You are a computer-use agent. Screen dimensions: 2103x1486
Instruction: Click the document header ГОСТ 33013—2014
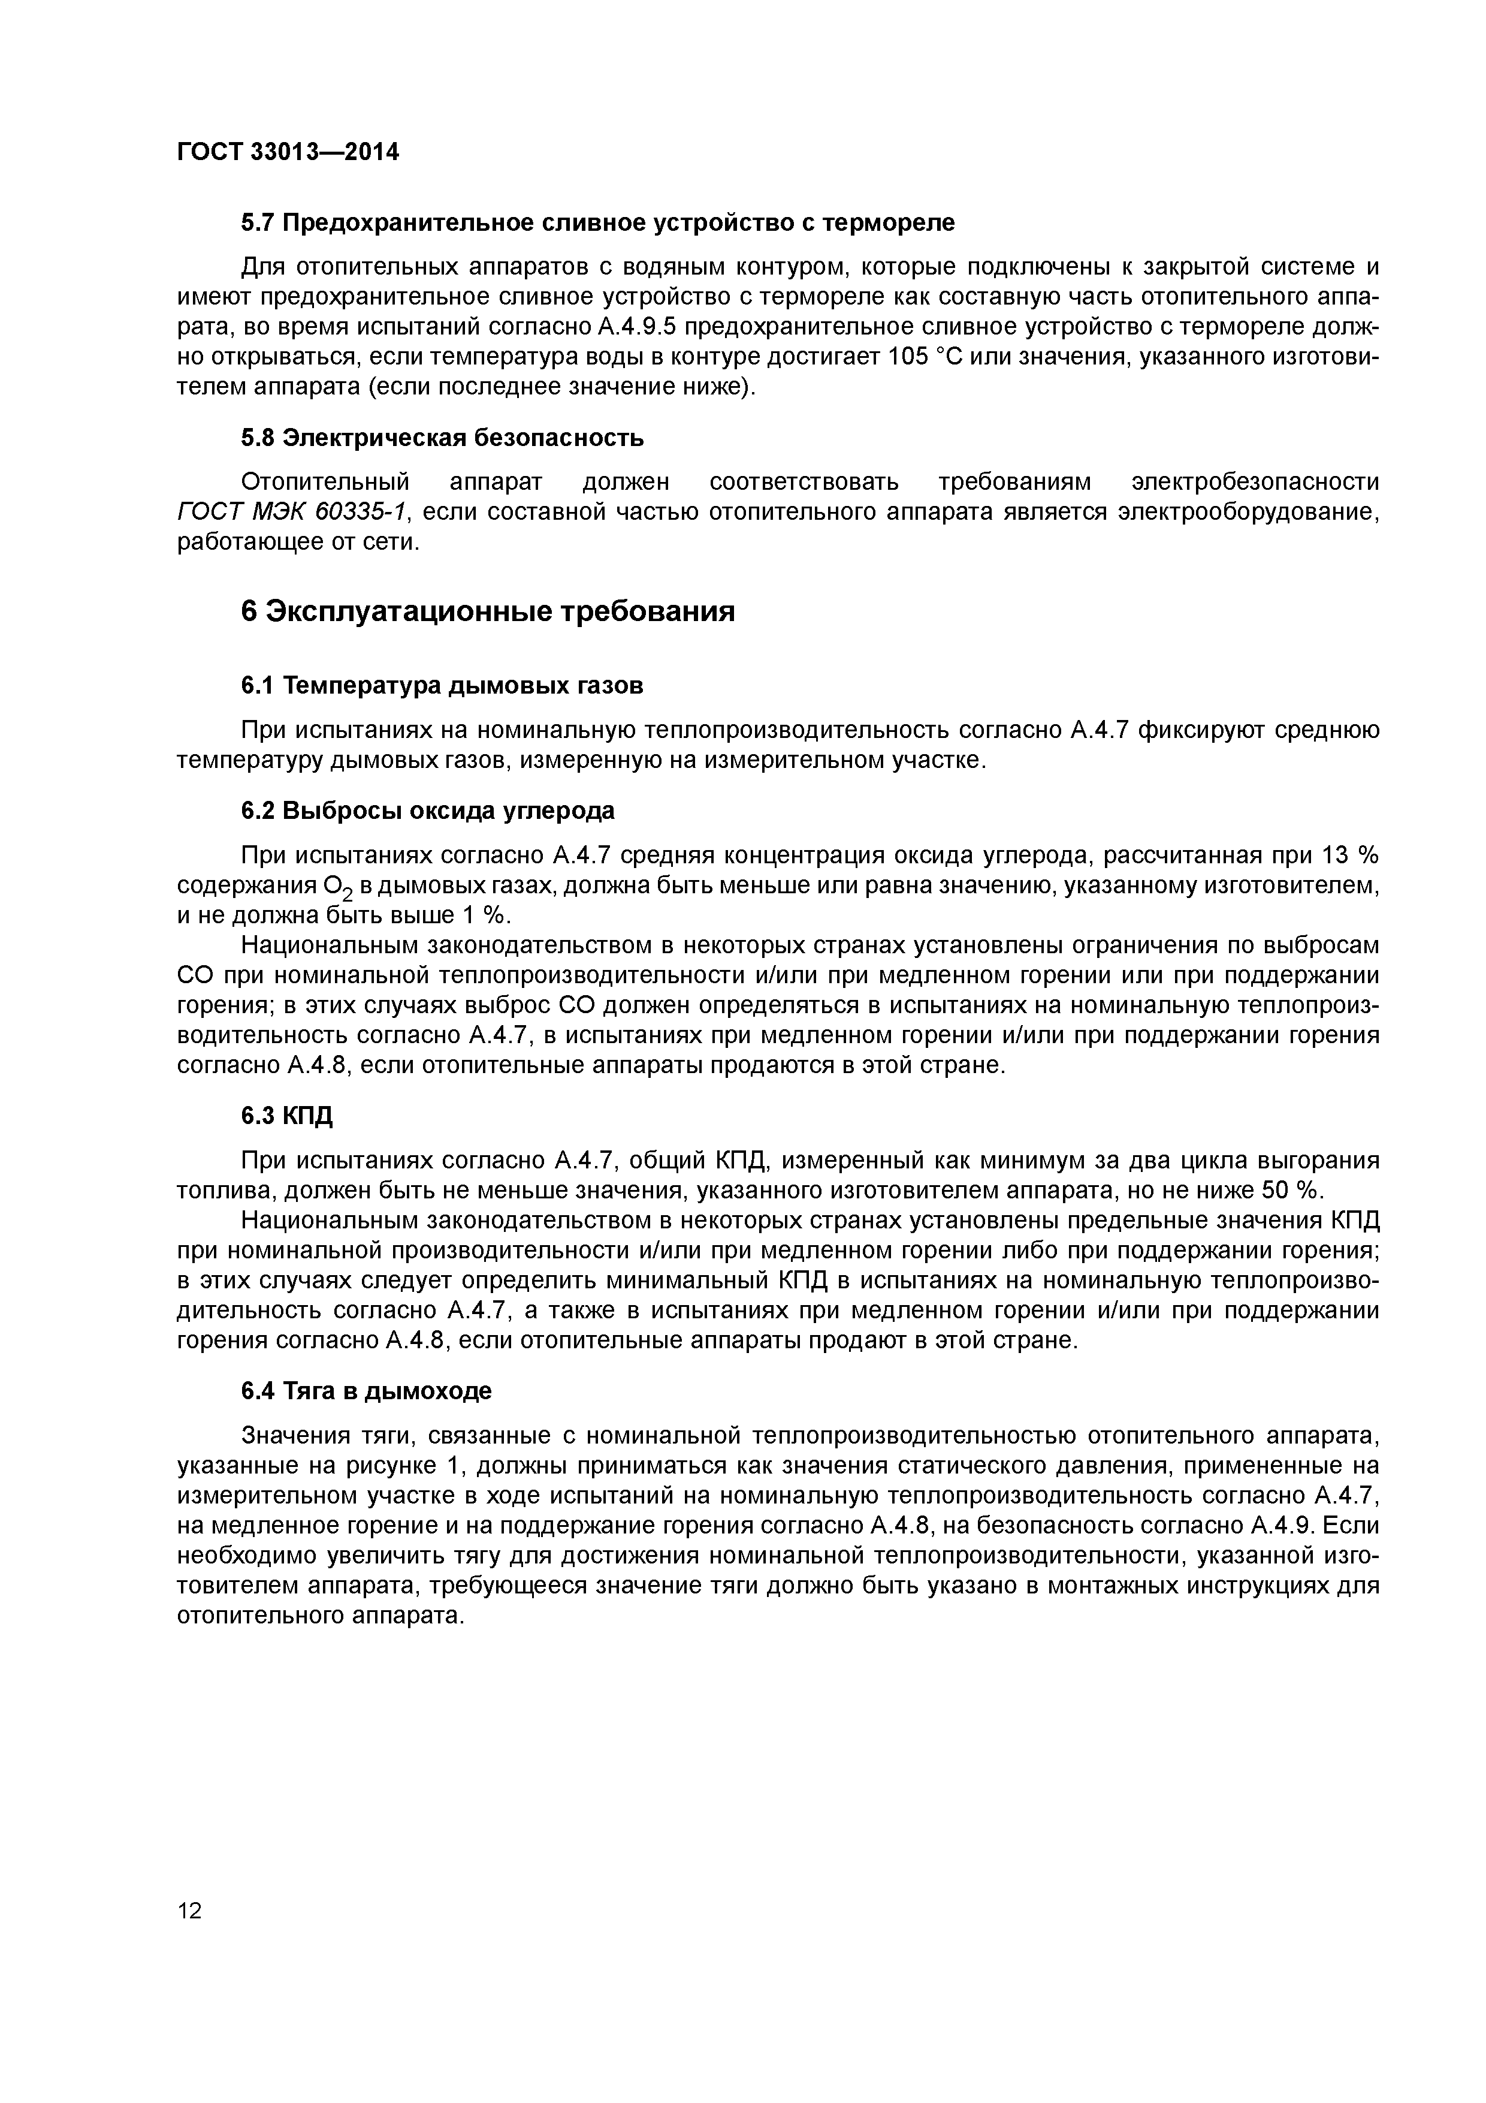(288, 151)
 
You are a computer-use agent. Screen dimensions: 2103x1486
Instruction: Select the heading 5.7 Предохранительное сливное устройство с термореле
(597, 222)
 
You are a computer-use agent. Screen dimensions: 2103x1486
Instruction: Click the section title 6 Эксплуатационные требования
(488, 611)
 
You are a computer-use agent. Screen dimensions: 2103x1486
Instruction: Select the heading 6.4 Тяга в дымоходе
(366, 1390)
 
